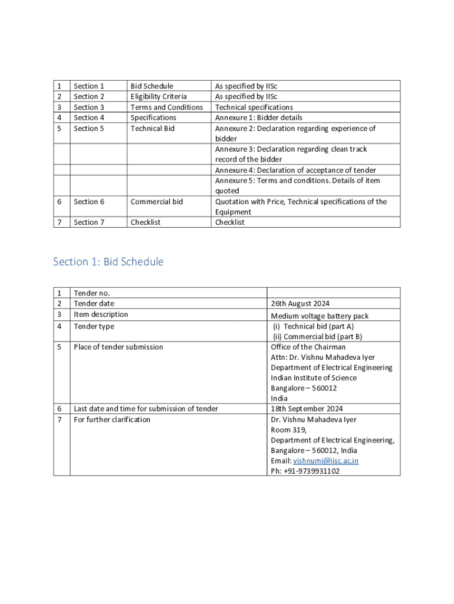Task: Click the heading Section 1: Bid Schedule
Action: pos(108,261)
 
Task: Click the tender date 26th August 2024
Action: pos(300,304)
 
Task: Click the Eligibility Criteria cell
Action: pos(159,96)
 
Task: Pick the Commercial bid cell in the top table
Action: pos(157,202)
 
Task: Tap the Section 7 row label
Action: pos(89,222)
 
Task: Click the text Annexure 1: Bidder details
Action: pos(258,117)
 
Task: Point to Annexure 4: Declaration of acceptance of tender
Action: pos(295,170)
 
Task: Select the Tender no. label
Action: pos(91,293)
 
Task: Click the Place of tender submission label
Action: pos(119,347)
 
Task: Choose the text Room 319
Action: pos(288,430)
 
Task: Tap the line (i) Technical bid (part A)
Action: pos(312,326)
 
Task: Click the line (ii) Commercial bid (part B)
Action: pos(317,336)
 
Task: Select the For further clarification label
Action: pos(112,419)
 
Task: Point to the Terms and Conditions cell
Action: pos(166,107)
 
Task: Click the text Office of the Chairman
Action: pos(308,347)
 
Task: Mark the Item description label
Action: pos(101,314)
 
